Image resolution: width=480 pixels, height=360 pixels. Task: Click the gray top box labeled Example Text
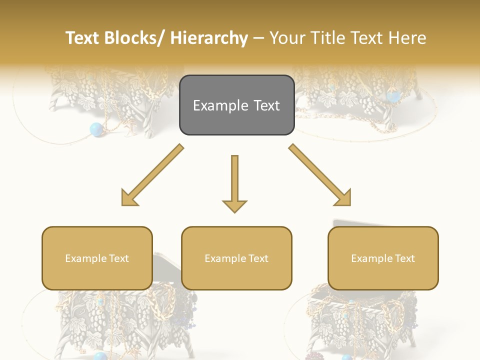[x=236, y=105]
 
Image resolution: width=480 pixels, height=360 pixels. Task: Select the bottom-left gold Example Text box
[x=97, y=258]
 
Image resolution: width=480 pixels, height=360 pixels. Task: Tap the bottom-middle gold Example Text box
[x=236, y=258]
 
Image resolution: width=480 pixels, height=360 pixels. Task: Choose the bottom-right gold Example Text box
[x=383, y=258]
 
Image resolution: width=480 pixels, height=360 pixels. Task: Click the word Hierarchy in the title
[x=209, y=38]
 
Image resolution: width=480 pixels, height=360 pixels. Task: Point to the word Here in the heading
[x=409, y=38]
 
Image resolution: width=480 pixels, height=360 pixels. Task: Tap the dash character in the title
[x=258, y=38]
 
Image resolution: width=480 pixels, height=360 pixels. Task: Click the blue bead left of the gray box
[x=96, y=129]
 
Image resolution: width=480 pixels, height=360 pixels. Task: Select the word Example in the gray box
[x=218, y=105]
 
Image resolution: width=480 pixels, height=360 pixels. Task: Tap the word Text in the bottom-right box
[x=405, y=258]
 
